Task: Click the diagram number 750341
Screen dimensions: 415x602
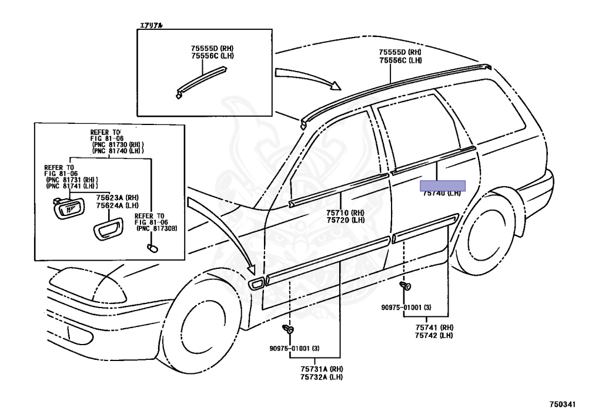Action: (x=563, y=405)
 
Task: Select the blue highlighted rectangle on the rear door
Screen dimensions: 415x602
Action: (x=442, y=185)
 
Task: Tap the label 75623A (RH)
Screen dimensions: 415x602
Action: (x=109, y=198)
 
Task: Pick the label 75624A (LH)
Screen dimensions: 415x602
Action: (x=109, y=205)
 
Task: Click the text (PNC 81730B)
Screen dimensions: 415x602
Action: (x=157, y=228)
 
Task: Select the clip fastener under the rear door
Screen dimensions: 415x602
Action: (x=406, y=286)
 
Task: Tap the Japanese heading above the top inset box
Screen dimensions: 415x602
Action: (x=152, y=25)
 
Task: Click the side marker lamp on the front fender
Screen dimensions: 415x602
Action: (x=257, y=285)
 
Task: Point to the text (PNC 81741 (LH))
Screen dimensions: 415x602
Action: (x=72, y=186)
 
